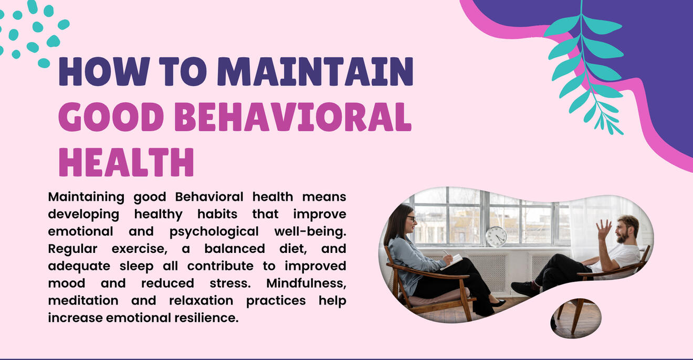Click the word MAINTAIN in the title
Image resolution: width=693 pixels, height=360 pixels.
click(x=315, y=71)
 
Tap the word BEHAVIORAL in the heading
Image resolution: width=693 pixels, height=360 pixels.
click(x=293, y=117)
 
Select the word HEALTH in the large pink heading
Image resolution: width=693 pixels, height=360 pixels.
click(x=126, y=162)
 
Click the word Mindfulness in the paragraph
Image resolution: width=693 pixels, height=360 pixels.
click(x=306, y=283)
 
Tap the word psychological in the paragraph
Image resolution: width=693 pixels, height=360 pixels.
click(x=214, y=232)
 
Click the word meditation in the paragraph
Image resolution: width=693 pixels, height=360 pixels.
click(x=83, y=300)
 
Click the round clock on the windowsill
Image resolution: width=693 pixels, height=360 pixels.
click(x=496, y=237)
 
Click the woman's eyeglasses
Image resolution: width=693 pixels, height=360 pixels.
click(x=411, y=219)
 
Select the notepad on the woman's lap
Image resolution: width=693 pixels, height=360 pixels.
click(x=451, y=262)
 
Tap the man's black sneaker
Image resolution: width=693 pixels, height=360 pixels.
click(x=524, y=289)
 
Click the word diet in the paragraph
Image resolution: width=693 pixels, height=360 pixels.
click(x=293, y=249)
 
